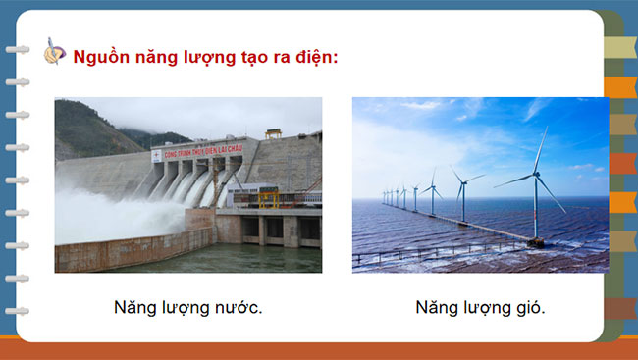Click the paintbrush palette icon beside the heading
pyautogui.click(x=56, y=53)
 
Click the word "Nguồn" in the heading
pyautogui.click(x=98, y=57)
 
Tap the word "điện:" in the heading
pyautogui.click(x=314, y=57)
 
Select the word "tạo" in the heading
pyautogui.click(x=251, y=57)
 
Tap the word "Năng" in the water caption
pyautogui.click(x=133, y=308)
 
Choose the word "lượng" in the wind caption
pyautogui.click(x=476, y=308)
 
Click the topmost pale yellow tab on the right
pyautogui.click(x=619, y=47)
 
